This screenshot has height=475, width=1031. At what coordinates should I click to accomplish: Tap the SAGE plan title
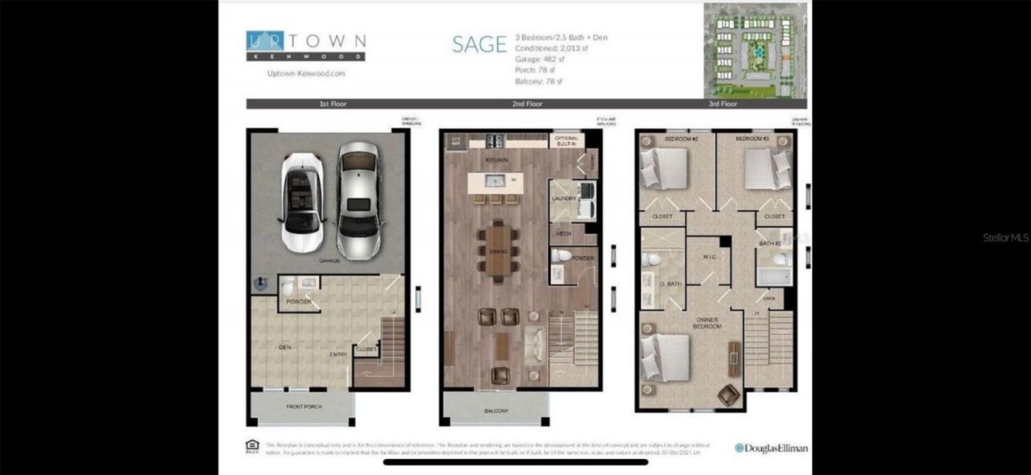click(479, 45)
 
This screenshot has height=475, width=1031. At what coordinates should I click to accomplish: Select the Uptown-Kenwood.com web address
click(305, 72)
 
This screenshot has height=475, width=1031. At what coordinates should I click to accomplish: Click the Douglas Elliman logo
click(771, 448)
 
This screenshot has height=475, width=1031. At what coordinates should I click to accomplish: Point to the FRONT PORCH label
click(304, 407)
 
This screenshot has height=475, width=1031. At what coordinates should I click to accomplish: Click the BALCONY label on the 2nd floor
click(496, 411)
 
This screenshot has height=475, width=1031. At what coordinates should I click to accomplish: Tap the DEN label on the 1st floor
click(284, 347)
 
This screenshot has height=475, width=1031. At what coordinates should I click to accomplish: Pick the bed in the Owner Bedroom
click(665, 355)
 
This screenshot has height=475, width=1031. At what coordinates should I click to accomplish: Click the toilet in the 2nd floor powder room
click(563, 256)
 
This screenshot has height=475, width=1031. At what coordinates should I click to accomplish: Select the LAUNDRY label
click(561, 198)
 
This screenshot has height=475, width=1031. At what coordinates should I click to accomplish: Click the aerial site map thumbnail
click(756, 43)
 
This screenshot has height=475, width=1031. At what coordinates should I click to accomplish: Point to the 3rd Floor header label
click(723, 104)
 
